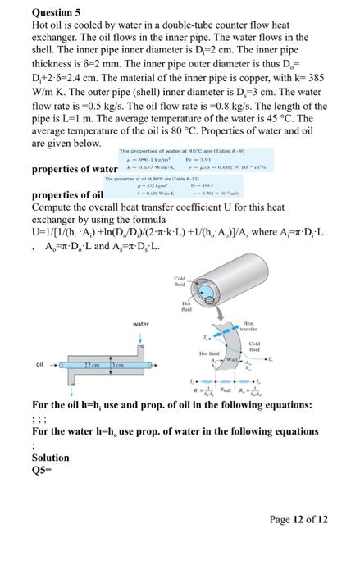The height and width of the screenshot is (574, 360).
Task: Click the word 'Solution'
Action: [50, 458]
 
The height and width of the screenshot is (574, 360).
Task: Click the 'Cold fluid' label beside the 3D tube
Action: [180, 283]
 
